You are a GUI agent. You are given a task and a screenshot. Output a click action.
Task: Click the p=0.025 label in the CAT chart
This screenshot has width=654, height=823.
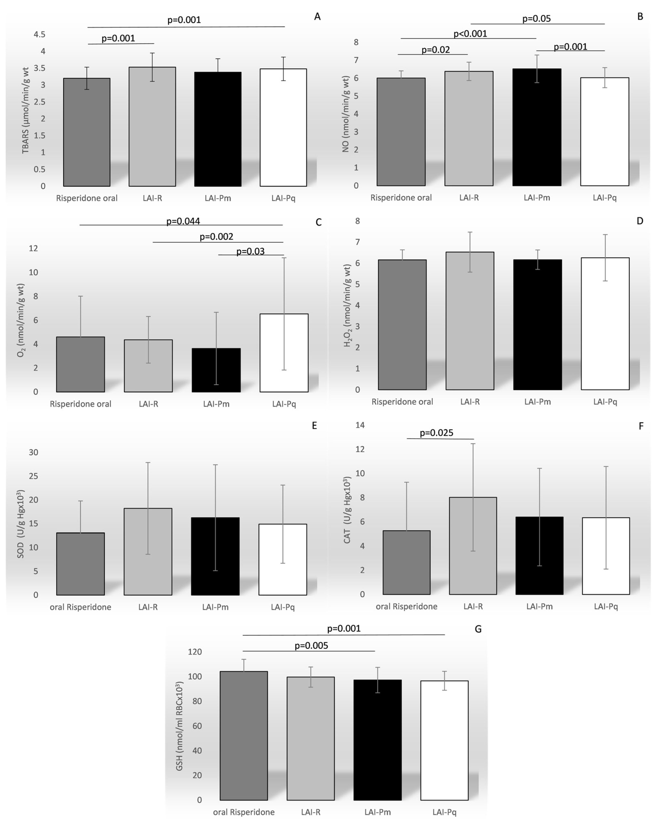coord(436,433)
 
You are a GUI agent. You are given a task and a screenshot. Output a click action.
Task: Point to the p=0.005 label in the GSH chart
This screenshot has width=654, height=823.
coord(311,645)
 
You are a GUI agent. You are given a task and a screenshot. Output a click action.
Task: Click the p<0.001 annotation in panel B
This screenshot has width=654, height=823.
coord(470,34)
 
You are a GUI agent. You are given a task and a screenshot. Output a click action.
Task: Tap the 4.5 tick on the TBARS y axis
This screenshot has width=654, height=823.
coord(39,34)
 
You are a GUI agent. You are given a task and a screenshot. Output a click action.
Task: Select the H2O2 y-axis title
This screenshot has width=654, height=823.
coord(347,305)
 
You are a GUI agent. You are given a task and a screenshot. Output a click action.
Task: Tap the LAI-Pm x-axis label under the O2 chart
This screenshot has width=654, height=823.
coord(216,404)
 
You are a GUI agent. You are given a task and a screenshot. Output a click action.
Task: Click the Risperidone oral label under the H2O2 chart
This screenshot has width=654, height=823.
coord(402,402)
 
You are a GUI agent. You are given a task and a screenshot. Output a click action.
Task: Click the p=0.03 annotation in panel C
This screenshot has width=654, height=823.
coord(251,251)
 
